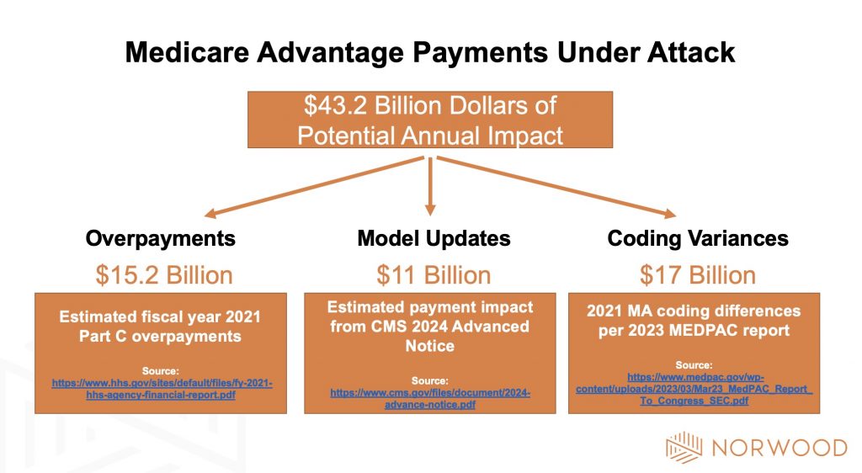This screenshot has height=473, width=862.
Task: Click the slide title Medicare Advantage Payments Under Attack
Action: pyautogui.click(x=430, y=53)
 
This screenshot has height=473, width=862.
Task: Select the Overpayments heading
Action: pyautogui.click(x=161, y=238)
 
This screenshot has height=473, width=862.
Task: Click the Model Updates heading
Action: pyautogui.click(x=434, y=238)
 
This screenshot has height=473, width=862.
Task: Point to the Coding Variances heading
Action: pyautogui.click(x=698, y=238)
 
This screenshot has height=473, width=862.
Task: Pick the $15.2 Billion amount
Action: pyautogui.click(x=163, y=275)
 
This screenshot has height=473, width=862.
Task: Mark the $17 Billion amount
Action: pyautogui.click(x=698, y=275)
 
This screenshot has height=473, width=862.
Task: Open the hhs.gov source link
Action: pyautogui.click(x=162, y=389)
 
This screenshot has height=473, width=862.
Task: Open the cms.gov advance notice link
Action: pyautogui.click(x=430, y=398)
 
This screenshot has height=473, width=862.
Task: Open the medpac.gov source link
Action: pyautogui.click(x=694, y=391)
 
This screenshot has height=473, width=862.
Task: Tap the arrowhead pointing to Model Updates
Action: pyautogui.click(x=430, y=209)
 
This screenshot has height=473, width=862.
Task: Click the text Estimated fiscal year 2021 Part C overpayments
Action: pyautogui.click(x=161, y=327)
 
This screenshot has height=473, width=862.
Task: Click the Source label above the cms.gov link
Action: pyautogui.click(x=430, y=380)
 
